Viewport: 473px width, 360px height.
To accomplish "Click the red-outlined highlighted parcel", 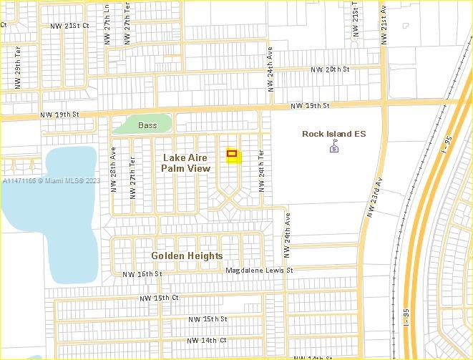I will [x=232, y=153].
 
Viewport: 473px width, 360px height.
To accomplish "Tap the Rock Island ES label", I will [x=333, y=134].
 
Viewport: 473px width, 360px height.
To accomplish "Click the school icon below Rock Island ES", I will [x=333, y=148].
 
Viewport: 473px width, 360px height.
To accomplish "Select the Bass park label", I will [x=147, y=125].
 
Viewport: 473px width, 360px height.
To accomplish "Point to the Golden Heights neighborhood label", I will [x=187, y=256].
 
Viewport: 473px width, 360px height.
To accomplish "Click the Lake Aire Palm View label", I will [x=186, y=162].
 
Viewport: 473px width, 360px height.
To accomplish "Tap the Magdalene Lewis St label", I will [x=260, y=271].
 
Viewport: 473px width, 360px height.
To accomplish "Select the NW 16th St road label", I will [x=142, y=274].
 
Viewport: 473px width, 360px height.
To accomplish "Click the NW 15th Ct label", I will [x=159, y=297].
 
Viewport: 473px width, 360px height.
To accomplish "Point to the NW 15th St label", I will [x=208, y=318].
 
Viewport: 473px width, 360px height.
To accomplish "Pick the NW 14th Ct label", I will [x=207, y=340].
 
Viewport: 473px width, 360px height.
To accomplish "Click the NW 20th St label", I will [x=330, y=69].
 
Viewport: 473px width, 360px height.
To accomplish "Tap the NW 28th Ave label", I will [x=113, y=170].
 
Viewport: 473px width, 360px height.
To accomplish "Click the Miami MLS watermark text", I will [x=51, y=181].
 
